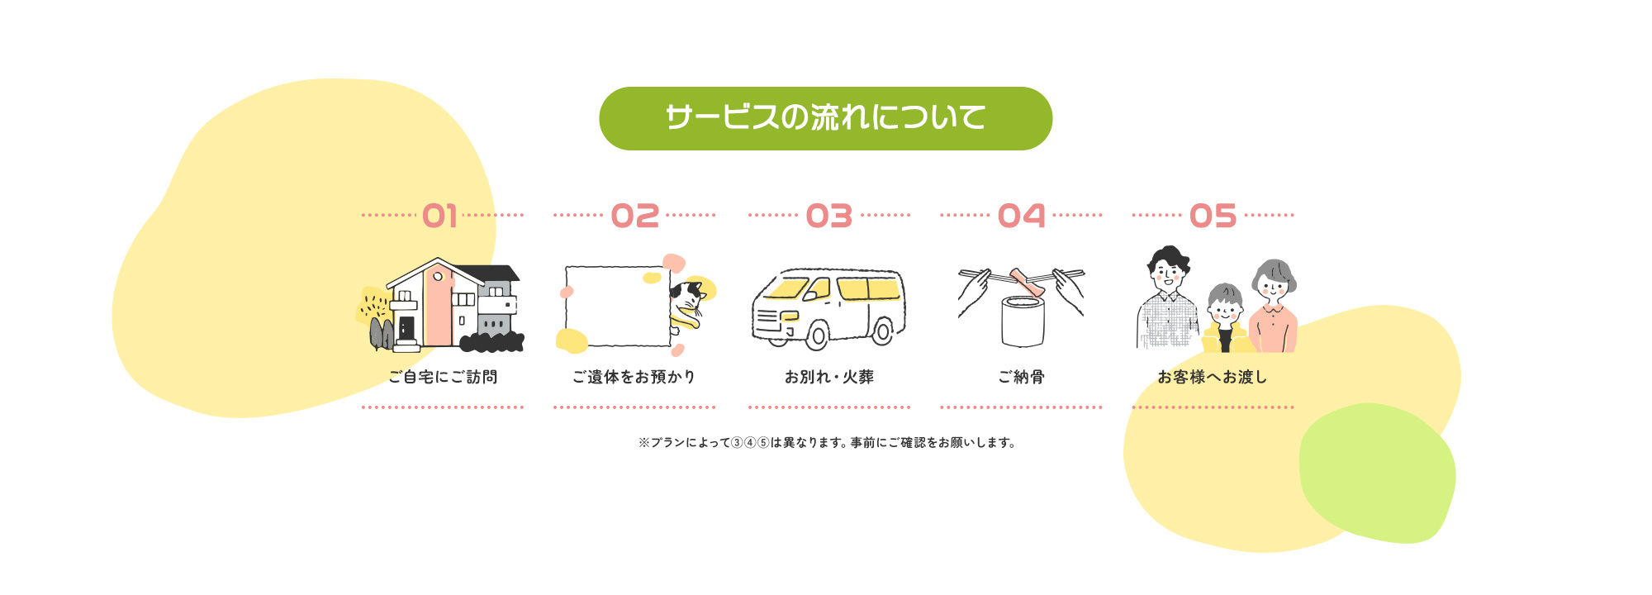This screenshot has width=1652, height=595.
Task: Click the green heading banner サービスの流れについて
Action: coord(825,118)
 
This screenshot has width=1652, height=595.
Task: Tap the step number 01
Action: coord(439,217)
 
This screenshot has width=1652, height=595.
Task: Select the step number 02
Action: coord(634,217)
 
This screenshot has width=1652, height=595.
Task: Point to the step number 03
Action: coord(828,217)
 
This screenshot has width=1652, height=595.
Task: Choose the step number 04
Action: coord(1021,217)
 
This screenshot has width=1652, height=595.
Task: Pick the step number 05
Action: coord(1213,217)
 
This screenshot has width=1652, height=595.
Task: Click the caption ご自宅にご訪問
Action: coord(443,377)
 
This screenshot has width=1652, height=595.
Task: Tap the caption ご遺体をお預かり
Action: coord(634,377)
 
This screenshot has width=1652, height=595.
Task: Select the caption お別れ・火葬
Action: coord(828,377)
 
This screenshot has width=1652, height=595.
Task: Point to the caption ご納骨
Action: coord(1021,377)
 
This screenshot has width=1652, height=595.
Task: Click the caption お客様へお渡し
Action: coord(1212,377)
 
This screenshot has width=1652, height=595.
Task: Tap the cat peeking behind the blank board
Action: coord(687,305)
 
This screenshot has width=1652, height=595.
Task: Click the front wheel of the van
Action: coord(817,335)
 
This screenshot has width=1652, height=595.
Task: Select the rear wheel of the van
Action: coord(882,331)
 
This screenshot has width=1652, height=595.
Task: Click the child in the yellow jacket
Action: coord(1226,319)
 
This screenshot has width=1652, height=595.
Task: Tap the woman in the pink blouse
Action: coord(1274,307)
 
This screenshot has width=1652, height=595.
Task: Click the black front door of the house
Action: coord(406,328)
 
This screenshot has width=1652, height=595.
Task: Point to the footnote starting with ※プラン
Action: coord(827,443)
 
